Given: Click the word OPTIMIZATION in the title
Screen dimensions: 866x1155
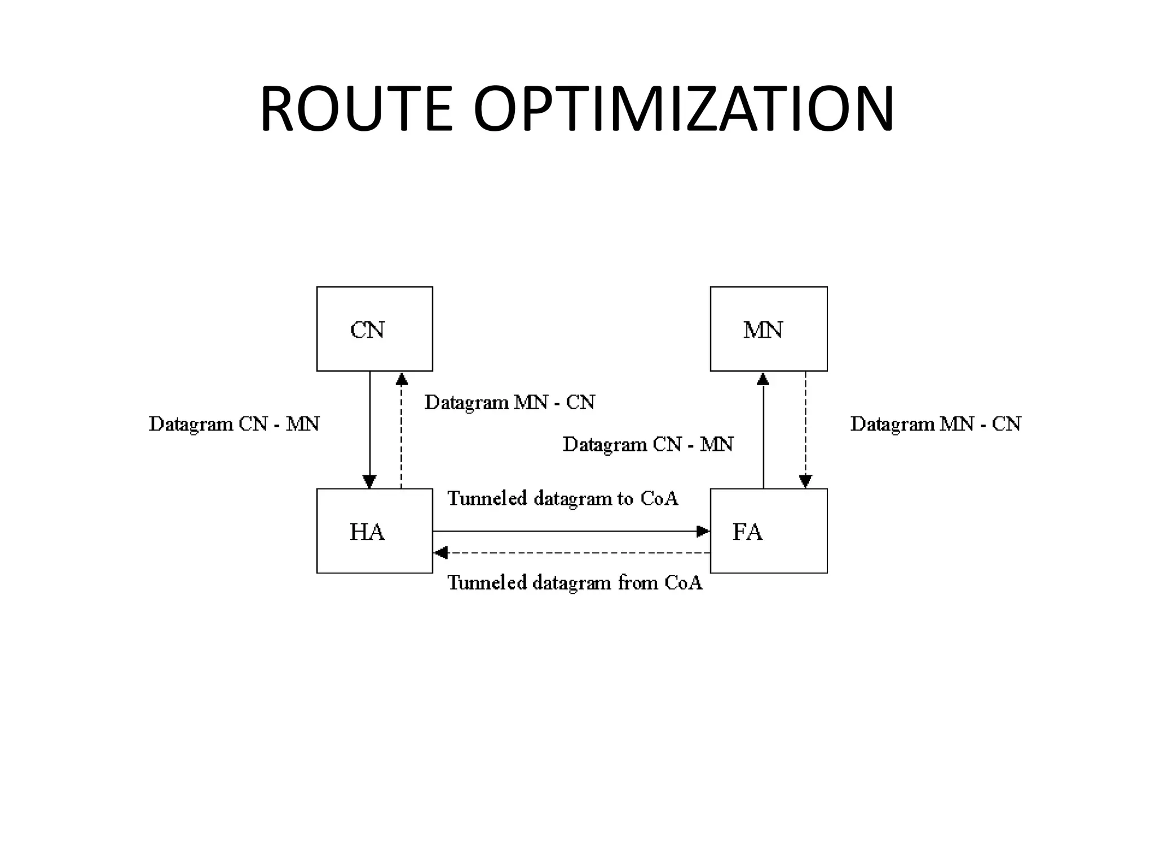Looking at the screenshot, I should point(684,109).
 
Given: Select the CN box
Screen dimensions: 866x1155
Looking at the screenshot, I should point(374,329).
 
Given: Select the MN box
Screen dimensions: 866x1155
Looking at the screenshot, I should point(768,329).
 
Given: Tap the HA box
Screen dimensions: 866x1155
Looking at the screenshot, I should point(374,531).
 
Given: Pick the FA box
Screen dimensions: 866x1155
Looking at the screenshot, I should point(768,531).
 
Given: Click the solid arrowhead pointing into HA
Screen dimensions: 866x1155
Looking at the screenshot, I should point(369,482).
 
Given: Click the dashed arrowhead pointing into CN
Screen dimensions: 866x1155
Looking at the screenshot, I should point(402,378).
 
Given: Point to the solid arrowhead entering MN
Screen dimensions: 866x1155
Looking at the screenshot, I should point(763,378).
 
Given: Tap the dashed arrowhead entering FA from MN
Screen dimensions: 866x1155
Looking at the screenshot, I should point(805,481).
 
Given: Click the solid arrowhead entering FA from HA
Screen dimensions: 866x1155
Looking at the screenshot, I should point(703,531).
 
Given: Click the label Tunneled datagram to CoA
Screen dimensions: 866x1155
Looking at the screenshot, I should point(562,499).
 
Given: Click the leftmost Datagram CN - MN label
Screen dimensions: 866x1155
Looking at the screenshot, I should point(234,424).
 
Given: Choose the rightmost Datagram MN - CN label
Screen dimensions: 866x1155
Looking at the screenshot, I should point(935,424).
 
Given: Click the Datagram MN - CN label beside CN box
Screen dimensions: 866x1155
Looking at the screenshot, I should point(509,403).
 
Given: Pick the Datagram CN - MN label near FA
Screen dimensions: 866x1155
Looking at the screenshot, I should point(648,445).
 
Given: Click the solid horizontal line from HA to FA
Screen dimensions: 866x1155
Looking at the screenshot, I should point(564,531).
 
